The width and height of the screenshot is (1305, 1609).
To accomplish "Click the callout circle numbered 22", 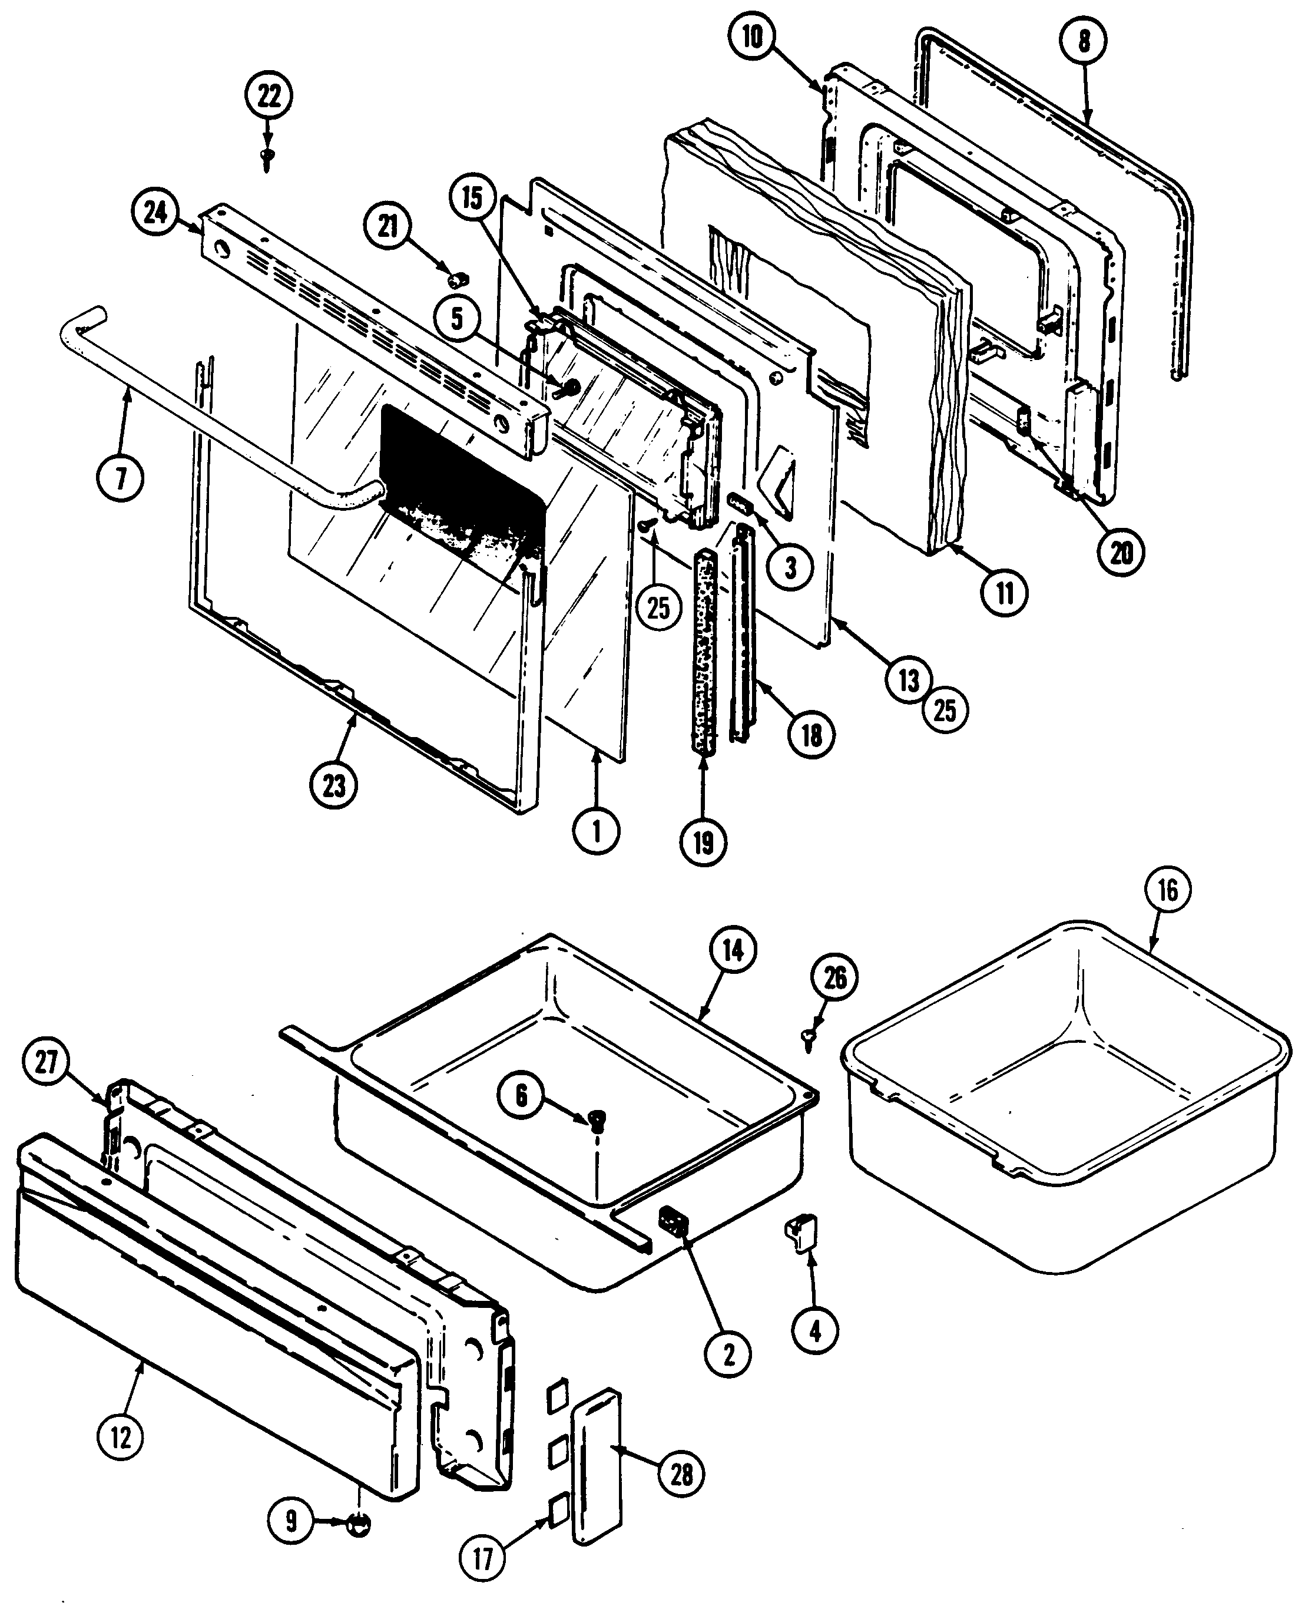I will (269, 96).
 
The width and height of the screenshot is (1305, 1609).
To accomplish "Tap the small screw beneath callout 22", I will (267, 157).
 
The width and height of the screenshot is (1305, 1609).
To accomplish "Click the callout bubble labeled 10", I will (753, 38).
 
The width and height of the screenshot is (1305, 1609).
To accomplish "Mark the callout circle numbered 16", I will (1167, 890).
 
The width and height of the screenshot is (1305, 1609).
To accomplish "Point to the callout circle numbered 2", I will (728, 1353).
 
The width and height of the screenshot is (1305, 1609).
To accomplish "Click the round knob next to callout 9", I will (359, 1521).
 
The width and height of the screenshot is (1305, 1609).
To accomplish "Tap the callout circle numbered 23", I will (334, 786).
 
